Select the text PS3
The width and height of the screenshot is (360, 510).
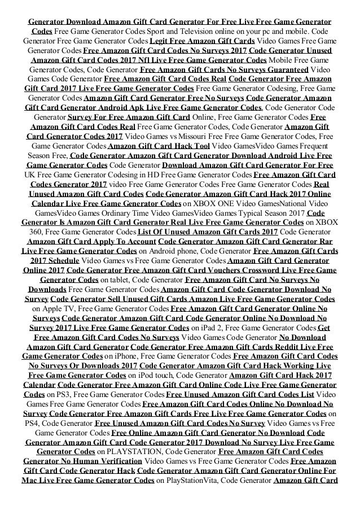coord(57,389)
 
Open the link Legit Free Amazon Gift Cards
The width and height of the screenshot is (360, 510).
coord(202,41)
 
